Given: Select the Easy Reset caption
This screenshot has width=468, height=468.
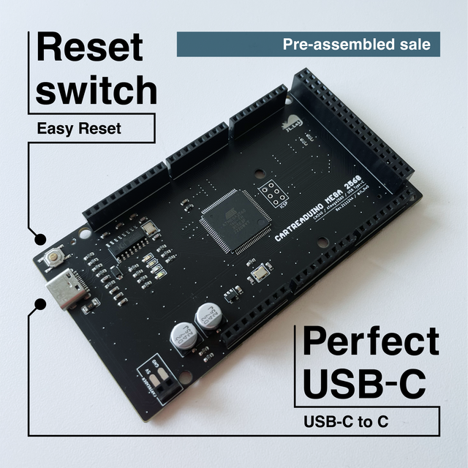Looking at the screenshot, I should coord(79,129).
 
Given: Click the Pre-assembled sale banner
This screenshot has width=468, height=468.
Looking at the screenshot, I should coord(308,45).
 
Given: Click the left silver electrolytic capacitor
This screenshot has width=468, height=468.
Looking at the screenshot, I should coord(182,336).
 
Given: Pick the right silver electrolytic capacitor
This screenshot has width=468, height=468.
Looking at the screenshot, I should coord(208,317).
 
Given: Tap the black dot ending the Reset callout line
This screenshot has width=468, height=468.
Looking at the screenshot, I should coord(39,238).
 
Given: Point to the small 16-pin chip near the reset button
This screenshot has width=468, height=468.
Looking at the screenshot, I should coord(129,241).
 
